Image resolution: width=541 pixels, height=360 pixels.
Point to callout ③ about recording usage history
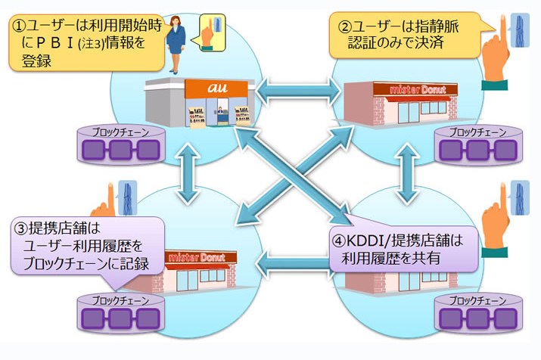tap(86, 245)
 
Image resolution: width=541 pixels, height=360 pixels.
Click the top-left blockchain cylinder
tap(121, 145)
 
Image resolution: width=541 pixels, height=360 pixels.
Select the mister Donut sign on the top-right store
tap(412, 89)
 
